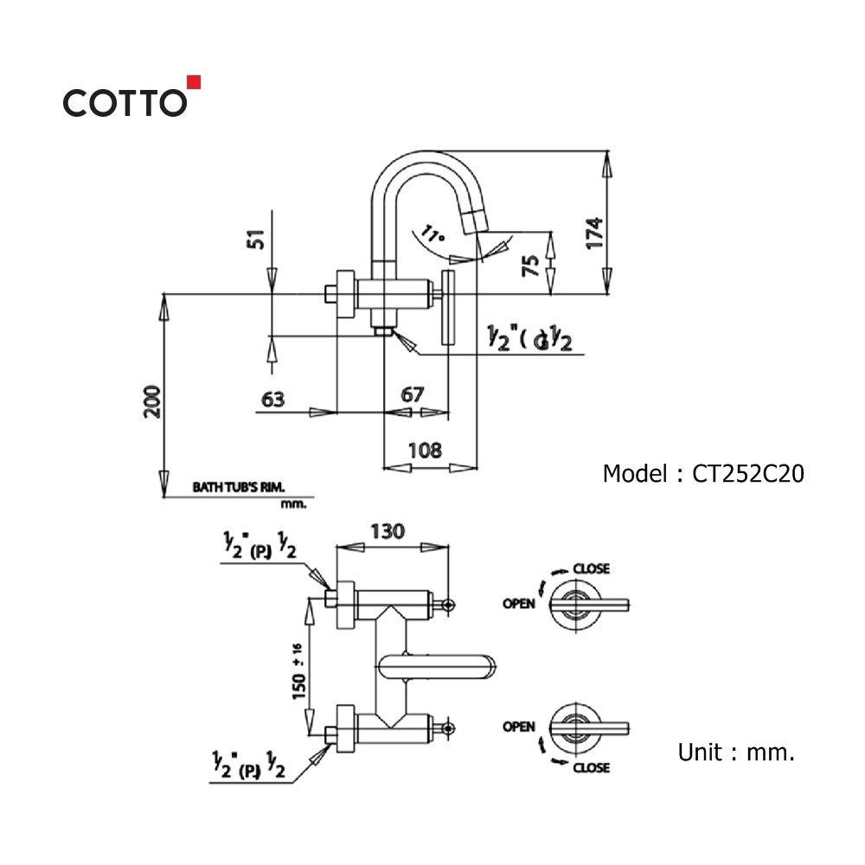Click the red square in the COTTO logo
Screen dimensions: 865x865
coord(194,82)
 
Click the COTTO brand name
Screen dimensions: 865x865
coord(124,103)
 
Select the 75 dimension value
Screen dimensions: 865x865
coord(533,265)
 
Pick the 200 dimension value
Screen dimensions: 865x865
coord(152,400)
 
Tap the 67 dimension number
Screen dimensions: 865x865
coord(413,394)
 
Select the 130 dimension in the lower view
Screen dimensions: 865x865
coord(387,531)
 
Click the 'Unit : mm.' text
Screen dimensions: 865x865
coord(735,753)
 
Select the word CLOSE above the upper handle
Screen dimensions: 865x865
coord(591,569)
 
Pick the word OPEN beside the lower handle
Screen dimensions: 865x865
coord(519,727)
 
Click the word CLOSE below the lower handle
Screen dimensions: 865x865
coord(591,767)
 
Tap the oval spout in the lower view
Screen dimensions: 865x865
coord(439,666)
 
